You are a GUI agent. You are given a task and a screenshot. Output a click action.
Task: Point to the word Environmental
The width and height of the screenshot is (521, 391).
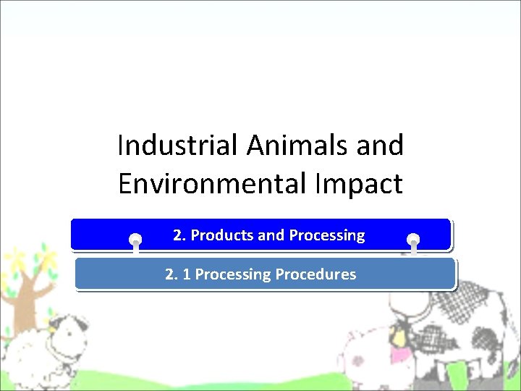tap(204, 184)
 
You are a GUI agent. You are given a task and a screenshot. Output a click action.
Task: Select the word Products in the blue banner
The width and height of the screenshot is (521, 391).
tap(222, 235)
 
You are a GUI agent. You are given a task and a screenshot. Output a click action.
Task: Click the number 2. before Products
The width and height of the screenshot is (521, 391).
tap(179, 235)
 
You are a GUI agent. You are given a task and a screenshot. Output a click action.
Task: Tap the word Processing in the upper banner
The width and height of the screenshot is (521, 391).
tap(326, 235)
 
